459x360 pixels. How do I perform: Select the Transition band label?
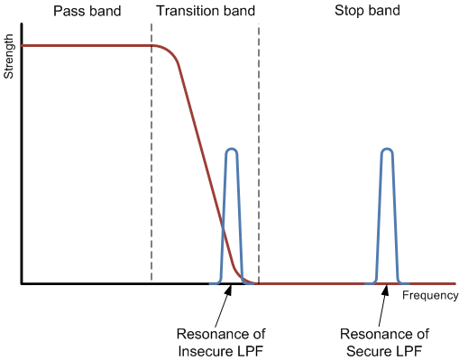(x=205, y=13)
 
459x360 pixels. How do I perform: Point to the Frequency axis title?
(x=430, y=295)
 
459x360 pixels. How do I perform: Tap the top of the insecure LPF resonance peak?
(x=232, y=149)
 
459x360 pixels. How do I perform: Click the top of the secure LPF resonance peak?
(x=387, y=149)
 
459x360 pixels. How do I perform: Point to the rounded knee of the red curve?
(x=171, y=53)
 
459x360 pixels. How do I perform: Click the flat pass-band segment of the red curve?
(x=86, y=45)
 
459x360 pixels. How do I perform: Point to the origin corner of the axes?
(x=23, y=283)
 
